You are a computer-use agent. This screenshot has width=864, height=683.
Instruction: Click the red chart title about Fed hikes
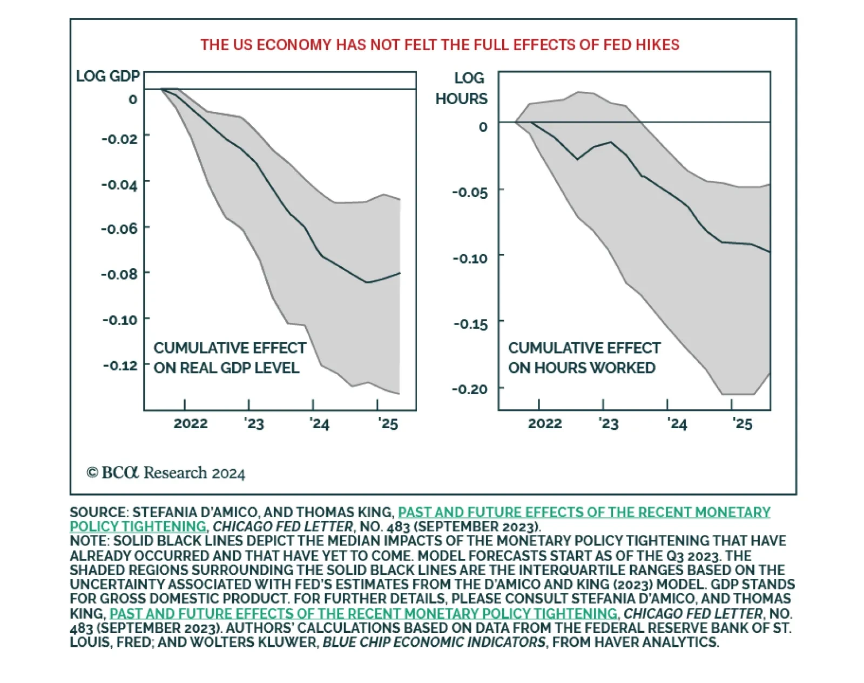click(x=440, y=45)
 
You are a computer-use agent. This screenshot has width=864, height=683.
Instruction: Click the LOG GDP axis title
click(x=107, y=76)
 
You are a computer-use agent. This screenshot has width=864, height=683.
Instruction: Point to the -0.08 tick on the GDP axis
click(x=119, y=274)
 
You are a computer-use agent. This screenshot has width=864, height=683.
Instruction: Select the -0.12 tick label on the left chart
click(x=120, y=366)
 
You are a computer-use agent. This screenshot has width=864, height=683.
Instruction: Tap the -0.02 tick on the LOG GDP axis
click(x=119, y=139)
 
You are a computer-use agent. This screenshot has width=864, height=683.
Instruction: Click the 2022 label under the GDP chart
click(x=190, y=423)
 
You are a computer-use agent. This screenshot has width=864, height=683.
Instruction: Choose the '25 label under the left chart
click(x=387, y=423)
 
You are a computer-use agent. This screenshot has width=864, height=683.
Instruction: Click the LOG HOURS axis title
click(x=462, y=89)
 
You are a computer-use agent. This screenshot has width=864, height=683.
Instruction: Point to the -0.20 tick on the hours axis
click(x=470, y=389)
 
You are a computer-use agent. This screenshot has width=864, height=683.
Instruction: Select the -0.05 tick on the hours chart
click(x=470, y=193)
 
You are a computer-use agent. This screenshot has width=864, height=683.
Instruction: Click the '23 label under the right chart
click(x=608, y=423)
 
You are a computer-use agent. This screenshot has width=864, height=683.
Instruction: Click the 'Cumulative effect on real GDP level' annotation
click(x=230, y=358)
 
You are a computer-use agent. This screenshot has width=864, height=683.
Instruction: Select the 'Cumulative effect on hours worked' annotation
click(x=584, y=358)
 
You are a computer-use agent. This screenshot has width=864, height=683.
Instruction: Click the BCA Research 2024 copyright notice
click(x=166, y=473)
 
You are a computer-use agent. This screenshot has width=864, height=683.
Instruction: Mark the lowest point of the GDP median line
click(x=367, y=282)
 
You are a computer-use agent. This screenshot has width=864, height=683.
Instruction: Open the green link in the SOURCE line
click(x=584, y=512)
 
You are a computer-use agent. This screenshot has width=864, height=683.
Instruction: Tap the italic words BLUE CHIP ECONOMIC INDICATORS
click(x=434, y=643)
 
